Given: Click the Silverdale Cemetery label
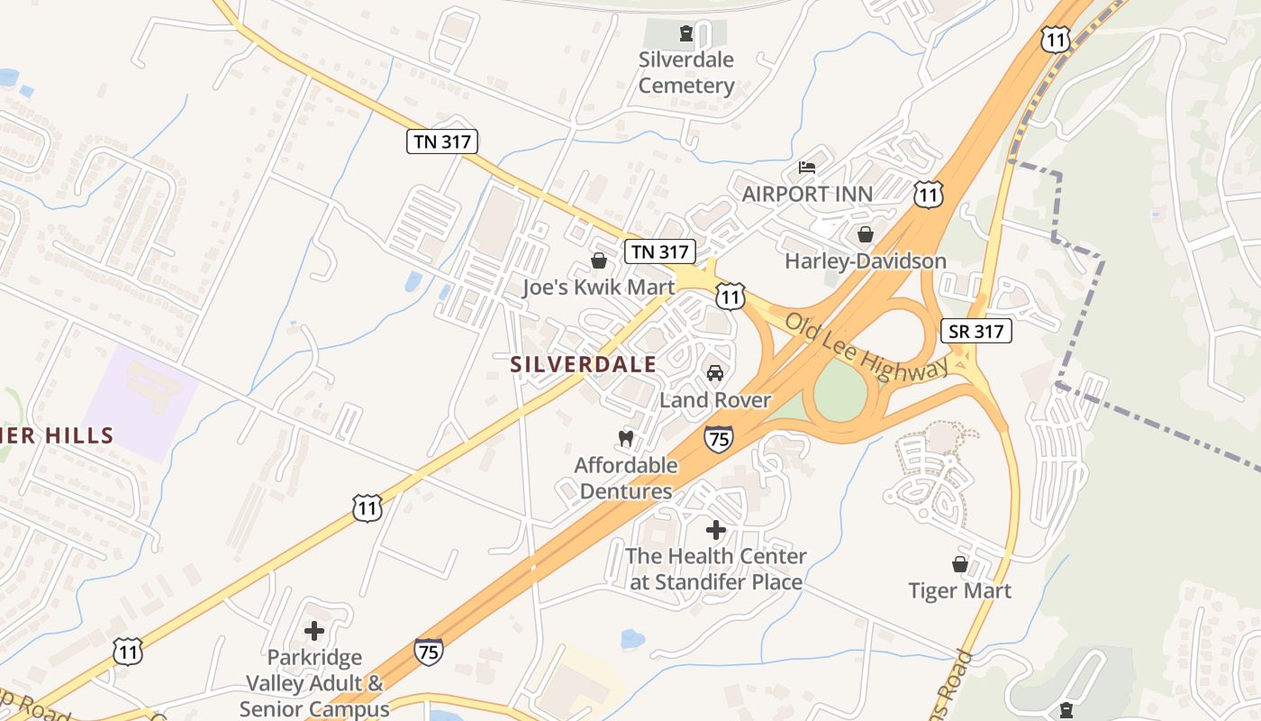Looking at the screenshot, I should pyautogui.click(x=686, y=73).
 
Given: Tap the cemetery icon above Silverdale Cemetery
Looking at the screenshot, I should pyautogui.click(x=687, y=34).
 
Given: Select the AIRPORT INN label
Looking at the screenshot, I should pyautogui.click(x=807, y=194).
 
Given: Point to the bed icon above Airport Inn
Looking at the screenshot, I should pyautogui.click(x=807, y=168).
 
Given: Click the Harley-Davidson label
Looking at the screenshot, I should pyautogui.click(x=866, y=261).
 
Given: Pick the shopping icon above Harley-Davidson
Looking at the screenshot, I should pyautogui.click(x=866, y=234).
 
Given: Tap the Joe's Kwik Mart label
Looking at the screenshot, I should pyautogui.click(x=598, y=287).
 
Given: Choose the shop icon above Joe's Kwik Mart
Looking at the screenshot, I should pyautogui.click(x=598, y=260).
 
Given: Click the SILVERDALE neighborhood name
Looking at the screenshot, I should pyautogui.click(x=583, y=364).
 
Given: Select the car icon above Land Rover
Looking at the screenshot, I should pyautogui.click(x=715, y=373).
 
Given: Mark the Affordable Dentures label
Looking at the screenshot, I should pyautogui.click(x=626, y=479).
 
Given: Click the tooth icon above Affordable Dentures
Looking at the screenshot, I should pyautogui.click(x=626, y=438).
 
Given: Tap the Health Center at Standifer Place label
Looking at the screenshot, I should pyautogui.click(x=716, y=570).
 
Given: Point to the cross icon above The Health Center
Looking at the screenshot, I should pyautogui.click(x=716, y=530).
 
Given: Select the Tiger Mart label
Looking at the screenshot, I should pyautogui.click(x=959, y=591).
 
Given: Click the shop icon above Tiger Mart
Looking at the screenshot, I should pyautogui.click(x=960, y=564).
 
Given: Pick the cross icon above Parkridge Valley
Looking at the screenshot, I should pyautogui.click(x=314, y=631).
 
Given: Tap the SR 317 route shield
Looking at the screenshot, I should pyautogui.click(x=975, y=331).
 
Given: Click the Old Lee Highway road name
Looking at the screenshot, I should pyautogui.click(x=866, y=347).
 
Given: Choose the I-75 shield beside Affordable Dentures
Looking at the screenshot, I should pyautogui.click(x=719, y=439).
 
